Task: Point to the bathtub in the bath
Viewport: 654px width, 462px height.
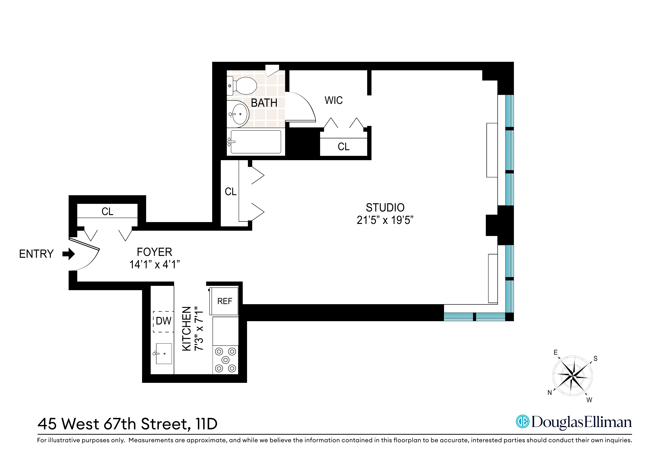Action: coord(256,142)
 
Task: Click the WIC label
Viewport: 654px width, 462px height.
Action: coord(334,100)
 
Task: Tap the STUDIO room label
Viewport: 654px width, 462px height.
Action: coord(385,208)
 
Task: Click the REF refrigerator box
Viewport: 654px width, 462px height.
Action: coord(224,301)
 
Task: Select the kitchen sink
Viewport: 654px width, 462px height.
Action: coord(164,354)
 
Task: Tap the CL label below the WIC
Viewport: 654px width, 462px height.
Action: coord(344,147)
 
